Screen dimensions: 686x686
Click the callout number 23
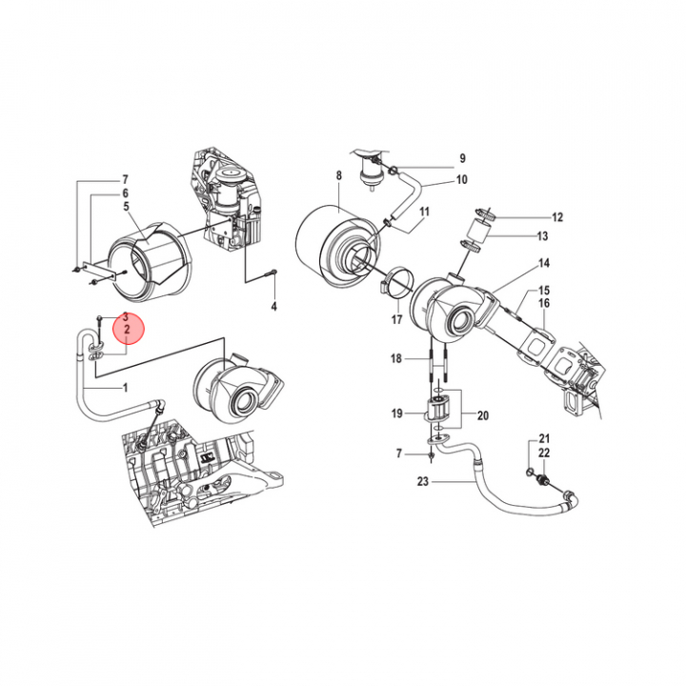[x=423, y=482]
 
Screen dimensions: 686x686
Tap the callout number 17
[x=396, y=320]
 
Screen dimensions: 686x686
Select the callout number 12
[x=557, y=217]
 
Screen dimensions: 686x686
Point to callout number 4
[x=273, y=306]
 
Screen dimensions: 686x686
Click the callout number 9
[x=462, y=158]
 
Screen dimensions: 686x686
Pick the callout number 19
[x=396, y=414]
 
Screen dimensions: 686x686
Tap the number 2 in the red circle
[x=128, y=330]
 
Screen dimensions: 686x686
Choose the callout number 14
[x=544, y=263]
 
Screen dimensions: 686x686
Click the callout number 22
[x=544, y=453]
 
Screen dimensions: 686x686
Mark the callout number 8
[x=338, y=175]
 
